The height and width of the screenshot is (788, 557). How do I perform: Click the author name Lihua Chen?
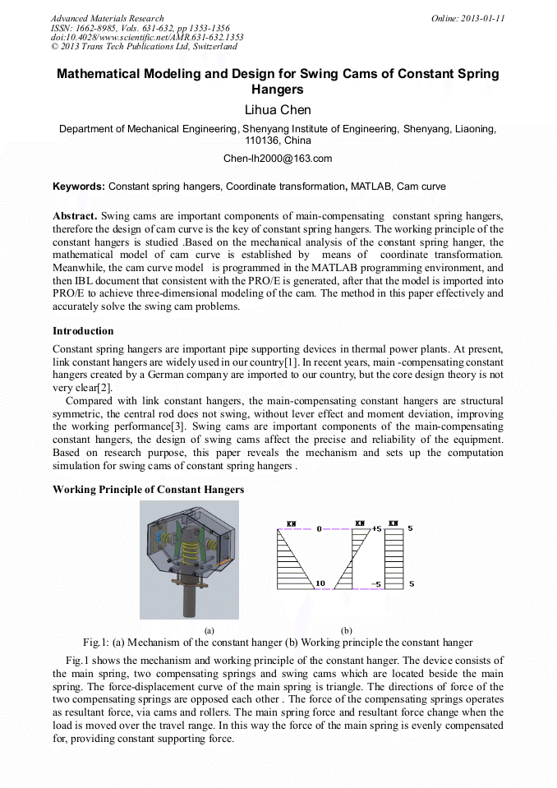(x=278, y=109)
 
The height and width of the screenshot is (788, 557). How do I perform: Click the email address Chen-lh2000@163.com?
(x=278, y=159)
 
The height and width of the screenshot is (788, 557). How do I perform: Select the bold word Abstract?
(x=75, y=215)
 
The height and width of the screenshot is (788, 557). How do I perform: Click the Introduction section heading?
(x=83, y=331)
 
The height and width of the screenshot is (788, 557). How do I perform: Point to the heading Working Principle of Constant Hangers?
(x=148, y=490)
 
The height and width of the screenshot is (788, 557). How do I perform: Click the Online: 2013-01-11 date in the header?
(x=467, y=18)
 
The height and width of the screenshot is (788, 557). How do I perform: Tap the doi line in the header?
(x=147, y=37)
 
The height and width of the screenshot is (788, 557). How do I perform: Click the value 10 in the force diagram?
(x=320, y=583)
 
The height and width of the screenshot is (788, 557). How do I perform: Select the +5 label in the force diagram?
(x=376, y=529)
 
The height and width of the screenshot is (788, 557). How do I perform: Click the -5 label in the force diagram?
(x=375, y=584)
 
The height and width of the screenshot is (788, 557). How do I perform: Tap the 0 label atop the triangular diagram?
(x=319, y=529)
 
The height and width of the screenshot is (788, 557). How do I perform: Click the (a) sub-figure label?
(x=209, y=629)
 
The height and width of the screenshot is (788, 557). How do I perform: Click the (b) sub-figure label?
(x=346, y=629)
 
